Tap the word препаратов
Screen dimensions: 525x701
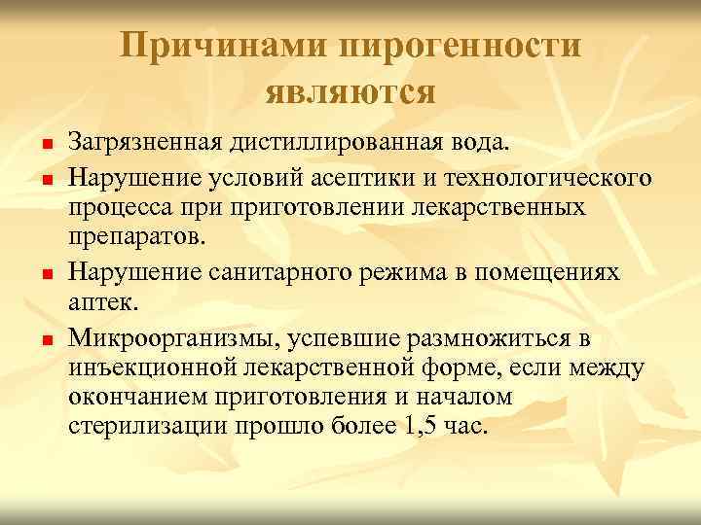click(x=137, y=239)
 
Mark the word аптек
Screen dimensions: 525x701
click(x=106, y=302)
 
